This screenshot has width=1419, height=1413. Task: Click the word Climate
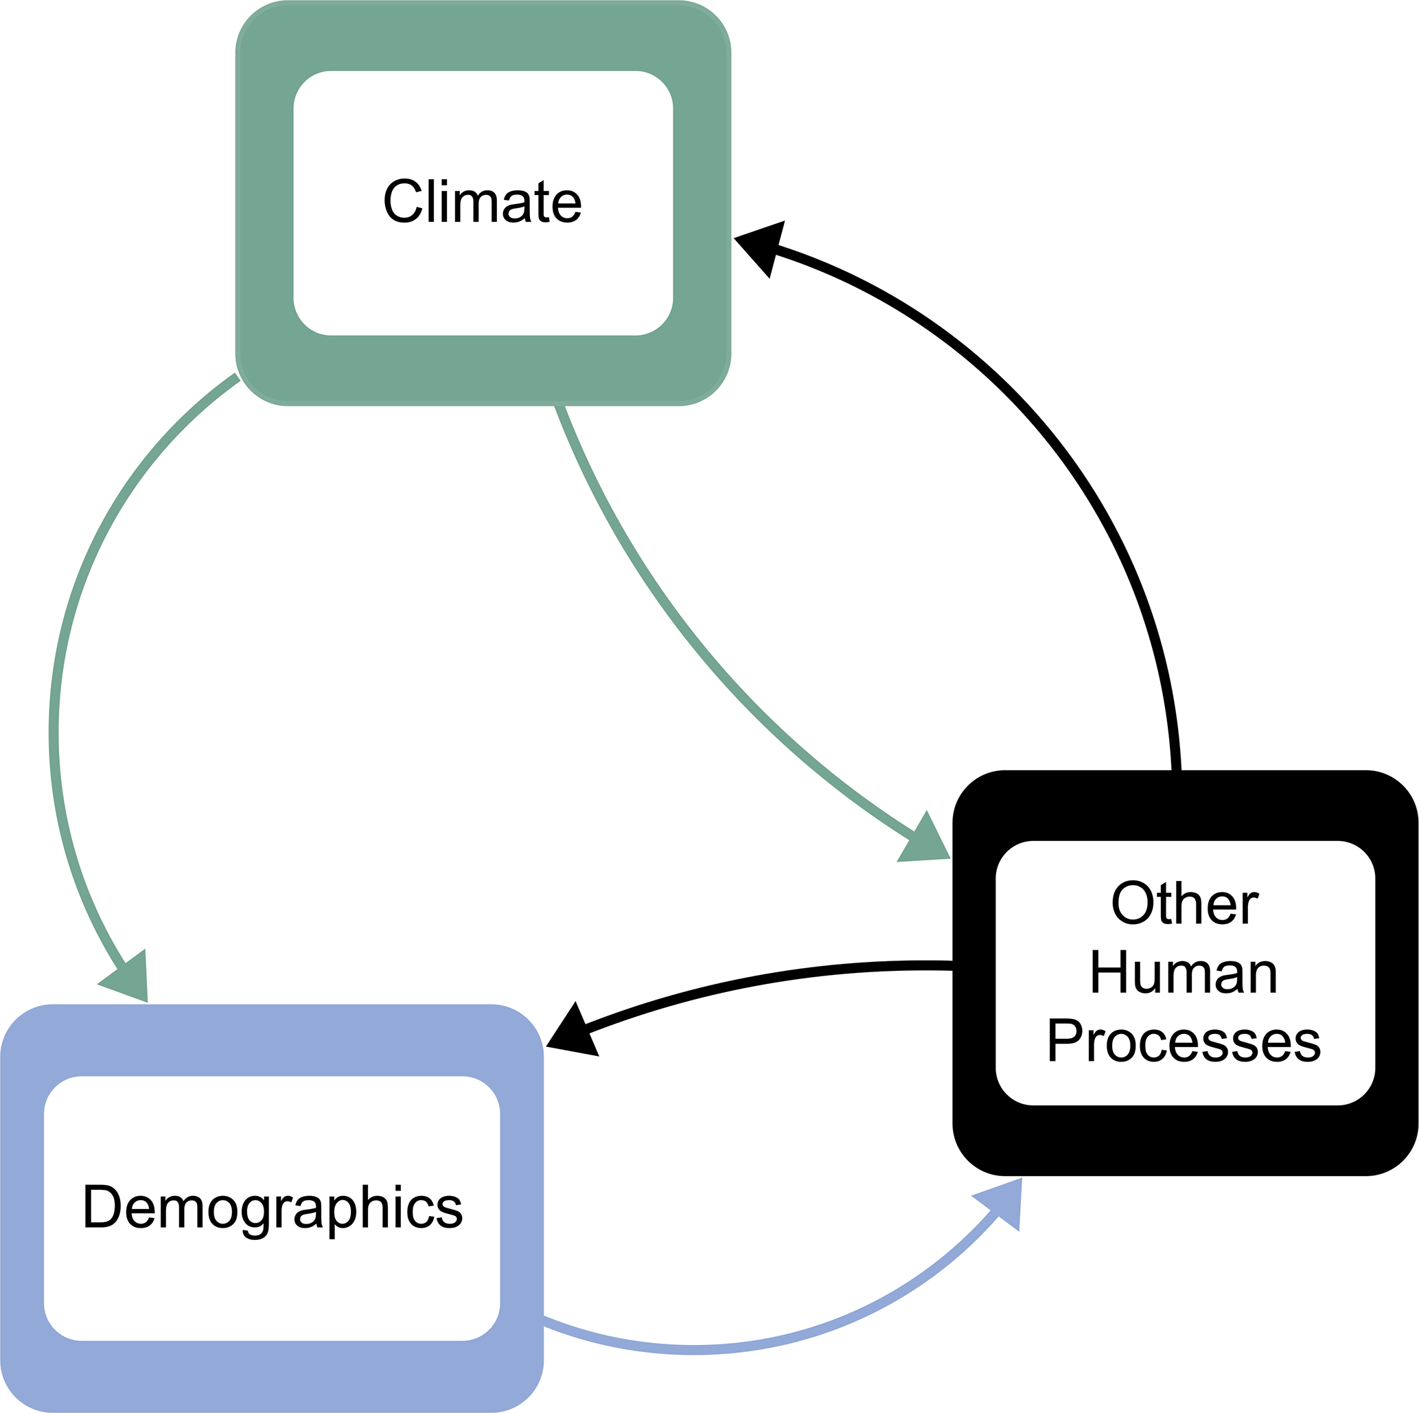pyautogui.click(x=483, y=200)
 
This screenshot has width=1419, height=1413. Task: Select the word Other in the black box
pyautogui.click(x=1185, y=903)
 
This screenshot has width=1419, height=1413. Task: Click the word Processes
pyautogui.click(x=1184, y=1041)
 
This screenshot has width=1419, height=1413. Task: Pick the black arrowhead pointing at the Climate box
pyautogui.click(x=761, y=245)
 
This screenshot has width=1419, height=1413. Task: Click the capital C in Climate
pyautogui.click(x=402, y=200)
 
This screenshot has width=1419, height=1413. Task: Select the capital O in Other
pyautogui.click(x=1132, y=903)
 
